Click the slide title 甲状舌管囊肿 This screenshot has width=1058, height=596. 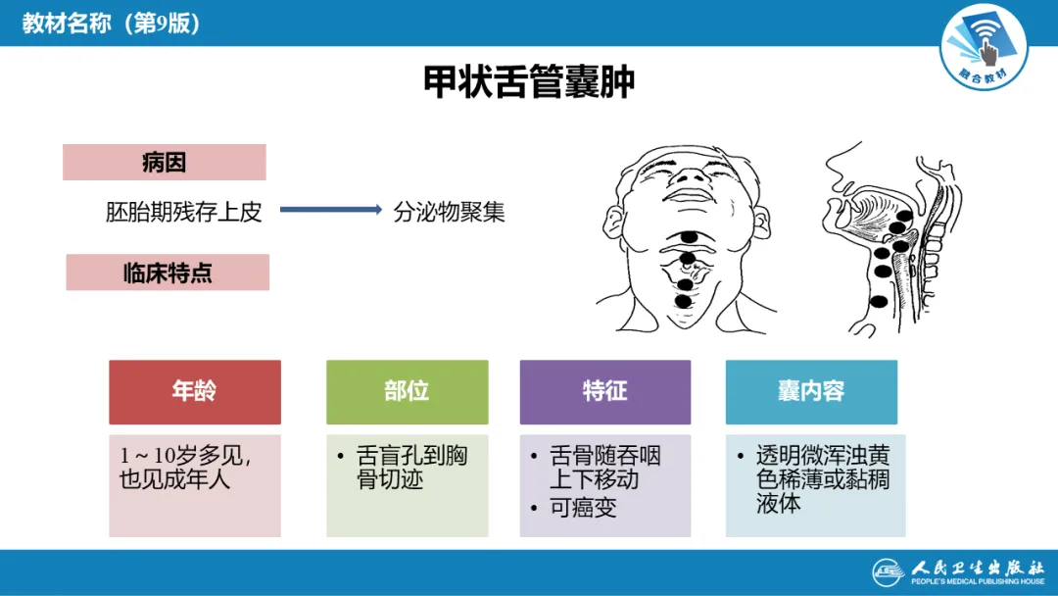pos(529,82)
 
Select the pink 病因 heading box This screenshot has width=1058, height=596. pos(164,163)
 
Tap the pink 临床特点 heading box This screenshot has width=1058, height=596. pos(168,273)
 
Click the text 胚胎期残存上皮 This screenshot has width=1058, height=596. pos(184,212)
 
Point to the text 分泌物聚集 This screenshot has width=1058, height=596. pos(449,212)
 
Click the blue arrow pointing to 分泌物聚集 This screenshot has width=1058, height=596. pos(330,210)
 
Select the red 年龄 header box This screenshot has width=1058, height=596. pos(194,391)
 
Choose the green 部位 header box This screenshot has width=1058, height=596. pos(407,391)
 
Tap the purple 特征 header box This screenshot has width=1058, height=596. pos(604,391)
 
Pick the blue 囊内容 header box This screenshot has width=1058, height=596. pos(811,391)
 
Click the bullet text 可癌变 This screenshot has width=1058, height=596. pos(583,507)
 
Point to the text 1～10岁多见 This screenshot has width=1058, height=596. pos(185,456)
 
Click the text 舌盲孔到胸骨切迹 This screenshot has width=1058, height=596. pos(411,468)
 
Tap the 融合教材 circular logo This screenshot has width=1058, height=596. pos(984,44)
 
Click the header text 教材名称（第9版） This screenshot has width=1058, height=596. pos(113,23)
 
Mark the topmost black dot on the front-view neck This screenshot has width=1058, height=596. pos(690,236)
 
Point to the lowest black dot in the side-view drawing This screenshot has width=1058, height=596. pos(879,301)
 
